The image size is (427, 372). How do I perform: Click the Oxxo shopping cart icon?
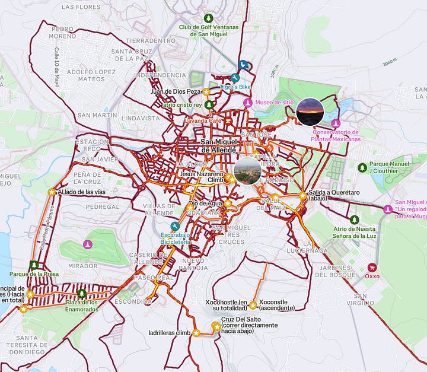coord(372,267)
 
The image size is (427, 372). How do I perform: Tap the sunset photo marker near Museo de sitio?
coord(310,112)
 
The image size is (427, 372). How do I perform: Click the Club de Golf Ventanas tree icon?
coord(208,18)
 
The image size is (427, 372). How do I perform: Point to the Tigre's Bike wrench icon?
coord(235,78)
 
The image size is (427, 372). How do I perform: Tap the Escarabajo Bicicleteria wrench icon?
coord(174,226)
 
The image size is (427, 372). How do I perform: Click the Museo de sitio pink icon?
coord(248,103)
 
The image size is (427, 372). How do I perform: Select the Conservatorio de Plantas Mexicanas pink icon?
coord(336,123)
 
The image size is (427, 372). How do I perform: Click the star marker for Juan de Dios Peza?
coord(206,92)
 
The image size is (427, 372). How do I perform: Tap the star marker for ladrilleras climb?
coord(196,333)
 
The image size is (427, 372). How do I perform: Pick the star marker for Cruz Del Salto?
coord(216,325)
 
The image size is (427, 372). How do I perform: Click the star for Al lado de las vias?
coord(52,192)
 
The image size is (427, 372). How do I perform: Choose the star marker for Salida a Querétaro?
coord(303,195)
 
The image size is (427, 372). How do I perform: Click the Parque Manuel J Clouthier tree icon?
coord(362,168)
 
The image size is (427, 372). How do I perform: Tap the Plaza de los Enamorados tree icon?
coord(82,294)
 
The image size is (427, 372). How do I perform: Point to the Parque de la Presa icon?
coord(34,265)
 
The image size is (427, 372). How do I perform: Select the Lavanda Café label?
coord(203,120)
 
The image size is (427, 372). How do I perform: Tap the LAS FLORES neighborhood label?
coord(80,7)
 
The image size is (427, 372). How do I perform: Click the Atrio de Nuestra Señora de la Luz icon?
coord(354,220)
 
